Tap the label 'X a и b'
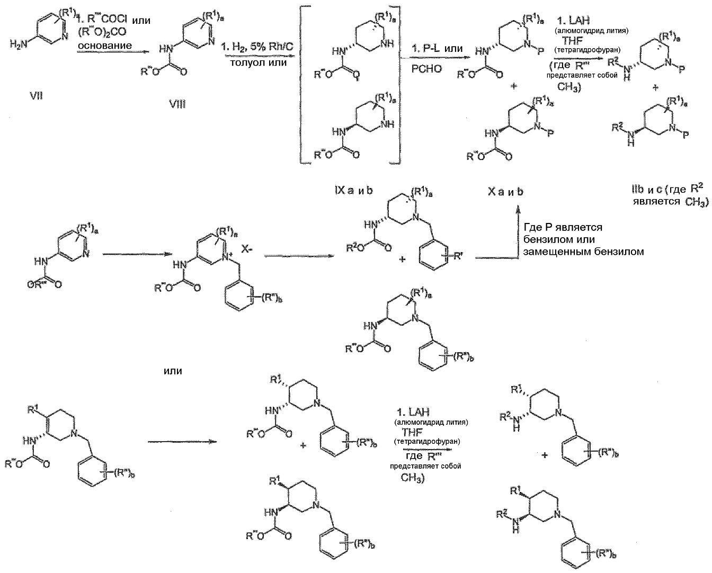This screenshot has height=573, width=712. tap(505, 191)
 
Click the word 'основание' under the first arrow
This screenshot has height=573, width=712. tap(104, 46)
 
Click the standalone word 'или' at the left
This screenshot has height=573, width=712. tap(173, 371)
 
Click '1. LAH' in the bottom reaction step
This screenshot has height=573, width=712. tap(414, 412)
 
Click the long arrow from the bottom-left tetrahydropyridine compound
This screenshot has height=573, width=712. tap(182, 442)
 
